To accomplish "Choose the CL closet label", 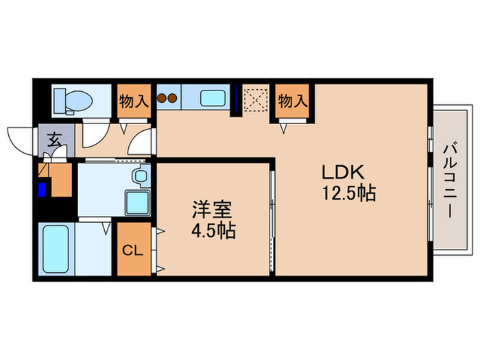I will (132, 250).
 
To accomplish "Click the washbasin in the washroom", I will (141, 176).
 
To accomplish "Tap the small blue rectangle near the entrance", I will (43, 189).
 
